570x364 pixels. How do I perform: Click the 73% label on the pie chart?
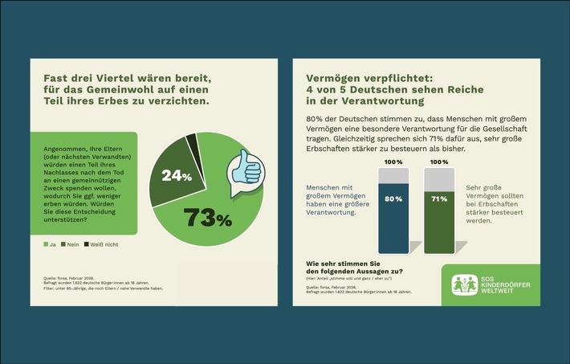207,217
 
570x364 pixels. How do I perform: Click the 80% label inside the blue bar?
393,198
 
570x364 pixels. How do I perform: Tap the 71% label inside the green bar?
438,198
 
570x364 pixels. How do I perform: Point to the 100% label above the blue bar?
393,162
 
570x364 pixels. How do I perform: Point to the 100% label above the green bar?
438,162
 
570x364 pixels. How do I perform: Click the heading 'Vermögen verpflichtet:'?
368,79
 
